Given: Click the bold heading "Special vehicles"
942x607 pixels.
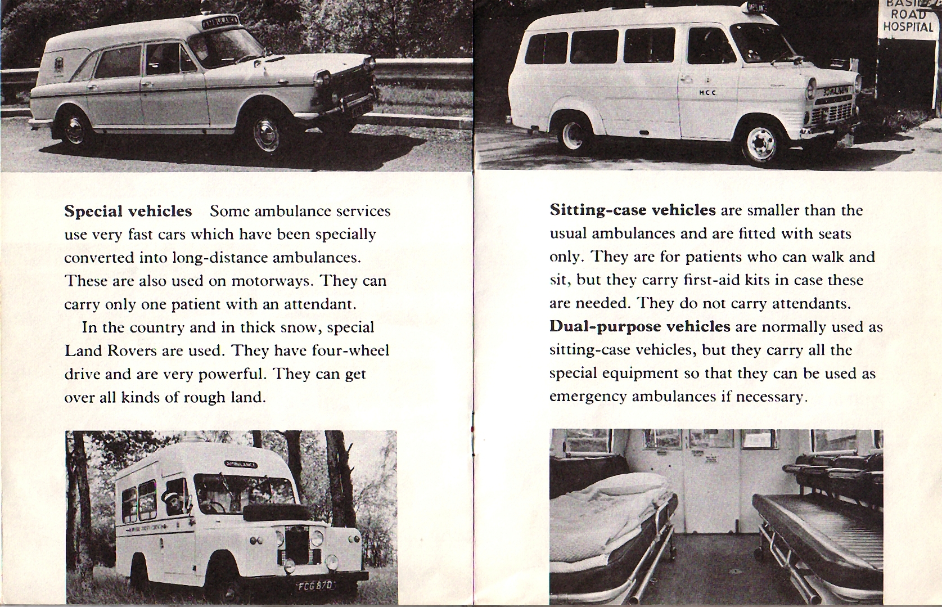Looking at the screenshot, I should coord(128,212).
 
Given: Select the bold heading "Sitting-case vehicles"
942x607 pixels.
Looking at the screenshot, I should coord(632,210).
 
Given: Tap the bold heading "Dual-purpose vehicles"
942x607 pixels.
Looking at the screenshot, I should coord(639,327).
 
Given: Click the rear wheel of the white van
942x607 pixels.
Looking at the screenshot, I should coord(573,135).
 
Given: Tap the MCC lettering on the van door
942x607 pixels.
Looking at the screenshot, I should coord(706,93).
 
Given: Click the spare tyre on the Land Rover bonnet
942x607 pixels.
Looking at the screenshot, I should coord(276,511).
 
